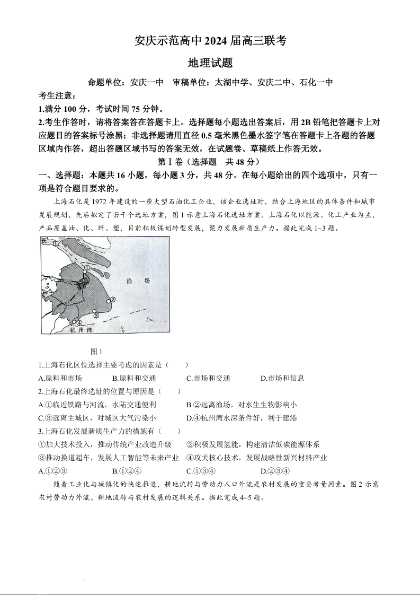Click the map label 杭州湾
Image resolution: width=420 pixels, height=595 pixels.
81,329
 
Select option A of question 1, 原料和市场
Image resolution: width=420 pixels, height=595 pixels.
60,378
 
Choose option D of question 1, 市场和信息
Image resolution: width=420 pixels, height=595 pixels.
282,378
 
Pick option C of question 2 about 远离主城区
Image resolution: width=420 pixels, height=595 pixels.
97,418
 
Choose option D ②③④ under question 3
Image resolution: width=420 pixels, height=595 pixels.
275,471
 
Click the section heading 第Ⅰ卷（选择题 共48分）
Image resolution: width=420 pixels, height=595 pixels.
209,162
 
